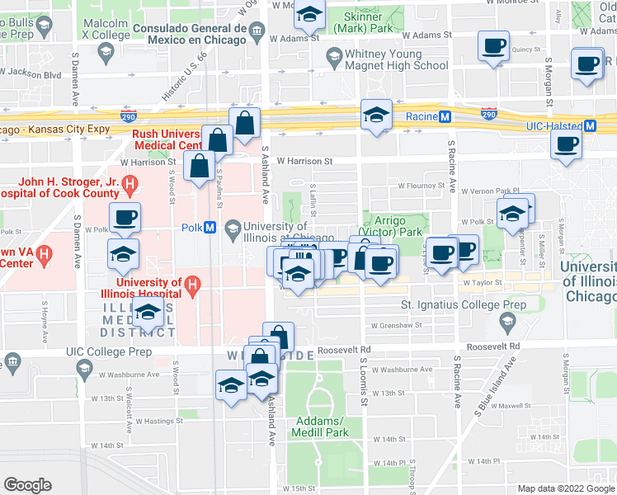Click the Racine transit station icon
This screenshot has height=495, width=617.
(445, 117)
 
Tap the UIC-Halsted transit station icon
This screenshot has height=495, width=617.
(591, 126)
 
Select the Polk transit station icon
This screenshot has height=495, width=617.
(210, 228)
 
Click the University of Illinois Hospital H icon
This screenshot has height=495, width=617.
(192, 286)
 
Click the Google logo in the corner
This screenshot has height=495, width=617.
(27, 485)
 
